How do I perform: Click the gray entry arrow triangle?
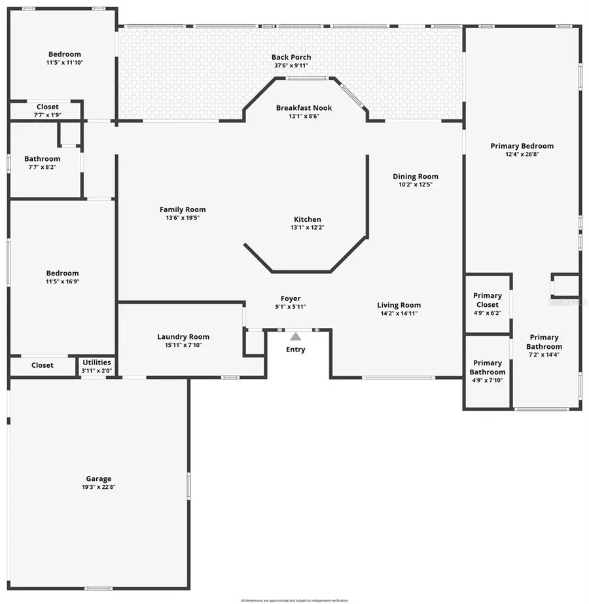[296, 336]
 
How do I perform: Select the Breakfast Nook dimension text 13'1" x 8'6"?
[304, 116]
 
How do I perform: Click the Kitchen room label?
[307, 219]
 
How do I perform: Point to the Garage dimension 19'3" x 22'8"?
[99, 487]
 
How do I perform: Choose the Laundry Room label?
[183, 337]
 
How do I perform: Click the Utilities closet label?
[96, 363]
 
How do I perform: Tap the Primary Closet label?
[488, 300]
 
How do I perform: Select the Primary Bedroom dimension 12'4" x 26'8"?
[522, 154]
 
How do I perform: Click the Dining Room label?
[416, 176]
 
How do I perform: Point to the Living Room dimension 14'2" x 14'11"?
[399, 313]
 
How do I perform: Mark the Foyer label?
[291, 298]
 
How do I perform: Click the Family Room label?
[183, 209]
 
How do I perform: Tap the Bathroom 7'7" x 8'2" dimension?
[42, 167]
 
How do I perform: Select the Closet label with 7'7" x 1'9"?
[47, 107]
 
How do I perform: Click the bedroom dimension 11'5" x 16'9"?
[62, 281]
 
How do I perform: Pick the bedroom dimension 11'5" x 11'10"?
[64, 63]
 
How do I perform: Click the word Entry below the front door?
[295, 349]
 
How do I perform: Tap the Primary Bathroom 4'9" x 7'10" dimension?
[488, 380]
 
